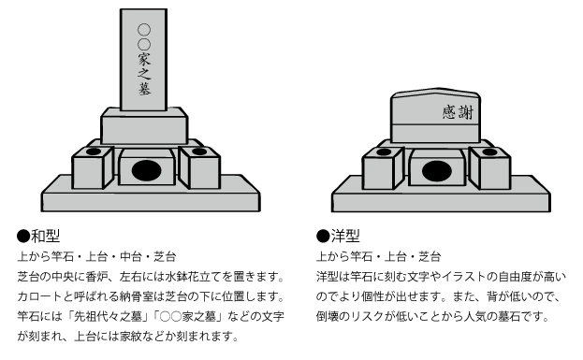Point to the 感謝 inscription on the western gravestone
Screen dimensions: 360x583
click(458, 112)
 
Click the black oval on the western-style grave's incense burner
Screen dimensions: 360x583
click(436, 171)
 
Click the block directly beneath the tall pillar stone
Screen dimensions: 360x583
click(144, 127)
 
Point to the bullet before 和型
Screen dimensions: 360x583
click(22, 236)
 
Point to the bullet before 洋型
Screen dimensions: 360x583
click(322, 236)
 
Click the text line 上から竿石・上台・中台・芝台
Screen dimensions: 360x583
click(97, 256)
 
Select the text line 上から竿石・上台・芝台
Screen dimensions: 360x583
click(379, 256)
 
